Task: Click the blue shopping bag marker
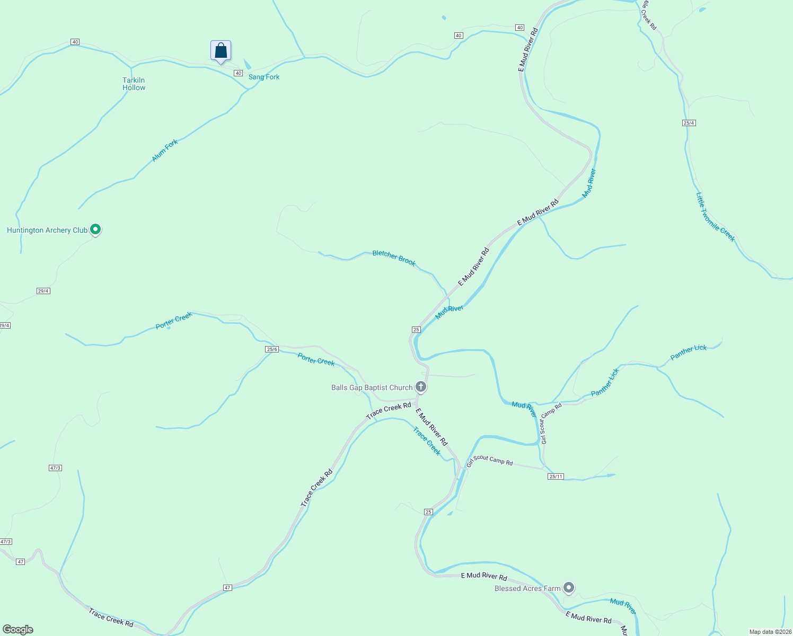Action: click(x=221, y=51)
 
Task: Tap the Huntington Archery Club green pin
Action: click(x=95, y=229)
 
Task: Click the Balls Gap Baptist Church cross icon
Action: click(x=421, y=387)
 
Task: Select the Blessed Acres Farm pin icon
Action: click(x=569, y=587)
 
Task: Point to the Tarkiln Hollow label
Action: click(x=134, y=84)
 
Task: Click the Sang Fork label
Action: click(x=264, y=77)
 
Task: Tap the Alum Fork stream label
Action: click(x=165, y=151)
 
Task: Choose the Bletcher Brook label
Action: click(x=394, y=258)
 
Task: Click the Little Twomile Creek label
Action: click(x=715, y=217)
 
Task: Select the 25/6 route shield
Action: click(x=272, y=349)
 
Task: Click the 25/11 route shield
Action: click(x=556, y=476)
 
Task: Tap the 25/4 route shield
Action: click(x=689, y=123)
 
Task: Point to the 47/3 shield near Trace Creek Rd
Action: click(x=55, y=468)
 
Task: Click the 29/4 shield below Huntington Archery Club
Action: click(x=43, y=291)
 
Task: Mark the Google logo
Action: click(x=18, y=630)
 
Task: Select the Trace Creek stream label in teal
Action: click(x=427, y=441)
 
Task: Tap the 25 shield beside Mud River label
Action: click(x=416, y=329)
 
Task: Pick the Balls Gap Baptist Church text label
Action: click(x=372, y=387)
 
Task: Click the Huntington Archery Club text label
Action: click(x=47, y=230)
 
